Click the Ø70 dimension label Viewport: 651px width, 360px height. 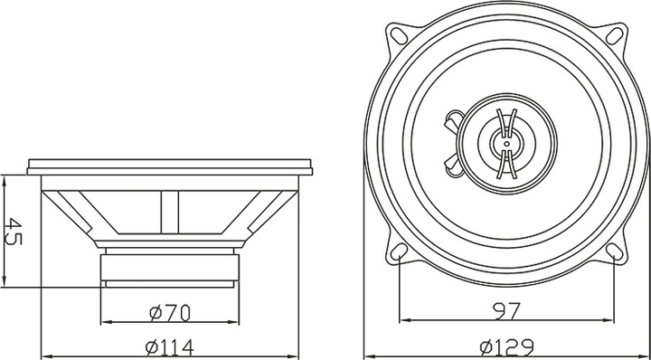[169, 313]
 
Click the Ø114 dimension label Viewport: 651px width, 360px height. [169, 347]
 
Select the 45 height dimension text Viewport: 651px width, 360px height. [13, 231]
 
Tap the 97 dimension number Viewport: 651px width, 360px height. [506, 311]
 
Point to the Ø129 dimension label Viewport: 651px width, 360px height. [506, 346]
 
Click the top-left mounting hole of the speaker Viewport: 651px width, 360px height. [399, 35]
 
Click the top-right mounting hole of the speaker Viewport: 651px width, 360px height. [615, 35]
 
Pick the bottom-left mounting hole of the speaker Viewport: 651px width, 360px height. [399, 251]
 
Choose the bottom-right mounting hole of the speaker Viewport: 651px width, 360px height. [615, 251]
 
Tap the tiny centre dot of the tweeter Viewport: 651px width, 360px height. [506, 144]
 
